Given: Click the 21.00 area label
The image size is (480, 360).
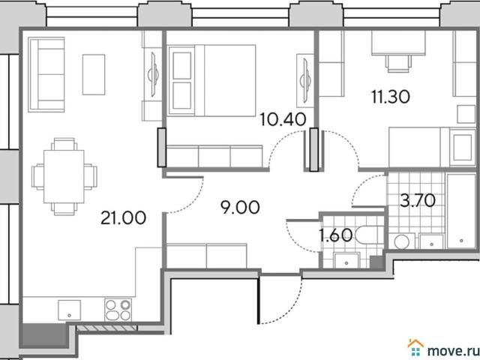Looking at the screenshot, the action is click(123, 218).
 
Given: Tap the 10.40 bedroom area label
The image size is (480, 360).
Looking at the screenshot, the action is click(283, 119).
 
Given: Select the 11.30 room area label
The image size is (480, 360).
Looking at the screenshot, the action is click(391, 97).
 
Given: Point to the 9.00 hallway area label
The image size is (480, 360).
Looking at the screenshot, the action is click(240, 207).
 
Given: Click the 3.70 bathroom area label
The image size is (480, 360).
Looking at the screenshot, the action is click(418, 200).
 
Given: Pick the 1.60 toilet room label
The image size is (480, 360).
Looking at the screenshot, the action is click(335, 235).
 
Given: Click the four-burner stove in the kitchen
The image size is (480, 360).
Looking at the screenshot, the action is click(118, 310).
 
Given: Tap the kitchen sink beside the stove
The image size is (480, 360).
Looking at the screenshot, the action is click(70, 310).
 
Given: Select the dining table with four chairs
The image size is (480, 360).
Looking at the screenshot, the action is click(64, 177).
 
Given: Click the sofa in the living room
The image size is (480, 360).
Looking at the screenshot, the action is click(46, 75).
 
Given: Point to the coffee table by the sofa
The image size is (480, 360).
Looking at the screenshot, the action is click(94, 75).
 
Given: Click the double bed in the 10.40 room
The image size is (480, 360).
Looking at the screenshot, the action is click(211, 80).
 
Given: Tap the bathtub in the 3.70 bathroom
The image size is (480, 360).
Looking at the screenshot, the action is click(461, 211).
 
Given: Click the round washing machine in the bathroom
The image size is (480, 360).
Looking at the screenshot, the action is click(402, 241).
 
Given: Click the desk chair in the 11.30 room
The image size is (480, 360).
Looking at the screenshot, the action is click(398, 63).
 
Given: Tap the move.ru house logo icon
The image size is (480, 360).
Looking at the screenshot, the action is click(415, 348).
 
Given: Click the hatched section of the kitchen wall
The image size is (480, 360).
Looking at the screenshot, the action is click(106, 328).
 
